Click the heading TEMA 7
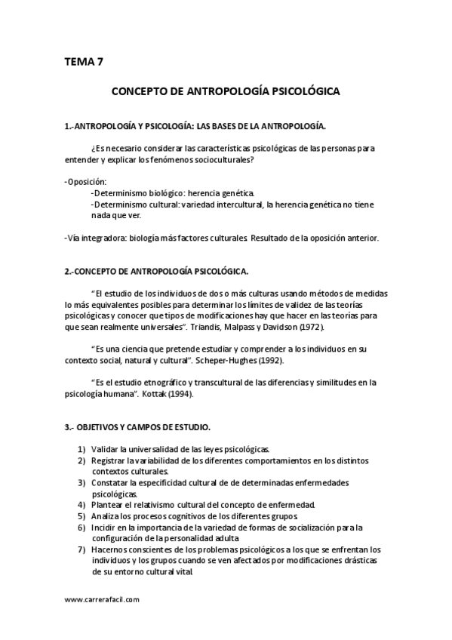(85, 63)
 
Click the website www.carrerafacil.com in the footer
(103, 599)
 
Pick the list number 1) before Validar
(81, 449)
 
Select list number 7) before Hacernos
(81, 549)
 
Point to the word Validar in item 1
(106, 449)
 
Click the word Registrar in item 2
(109, 460)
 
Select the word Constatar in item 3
(112, 482)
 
